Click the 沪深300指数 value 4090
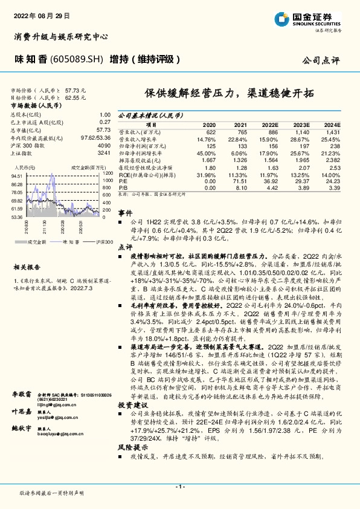[x=104, y=146]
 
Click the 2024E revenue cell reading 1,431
[x=332, y=131]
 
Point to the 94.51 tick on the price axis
[x=17, y=176]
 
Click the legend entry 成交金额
[x=37, y=241]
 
